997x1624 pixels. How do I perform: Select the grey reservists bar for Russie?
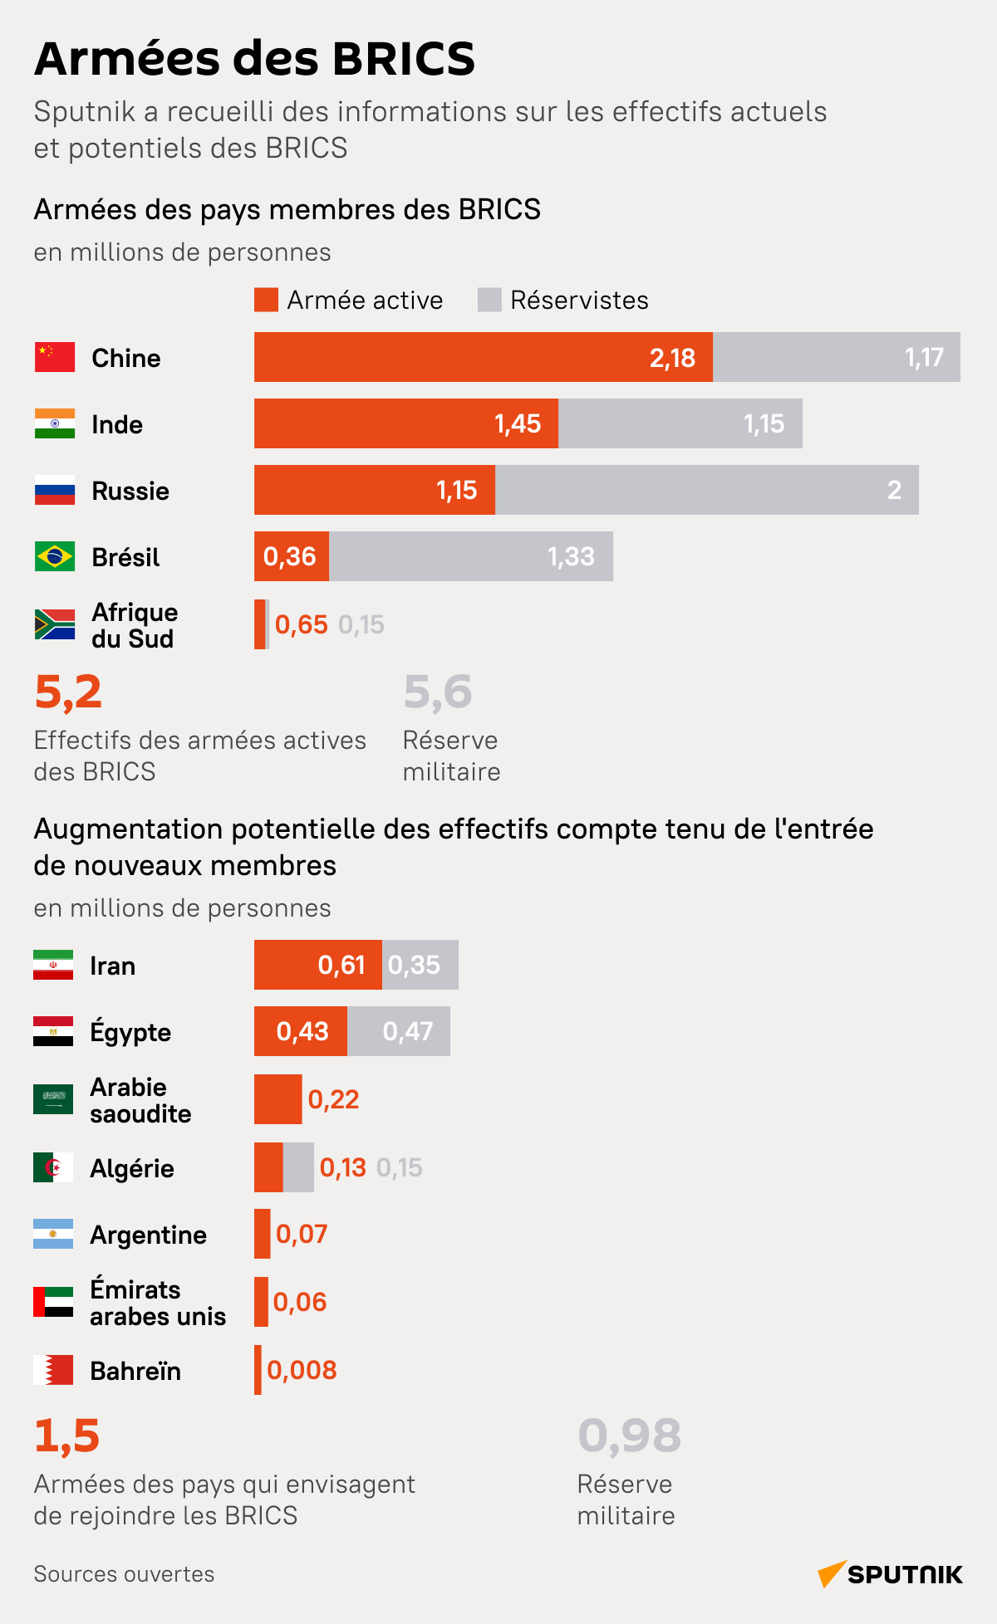click(x=706, y=490)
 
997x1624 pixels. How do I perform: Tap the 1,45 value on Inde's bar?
click(x=518, y=424)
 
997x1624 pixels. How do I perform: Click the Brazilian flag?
click(x=55, y=556)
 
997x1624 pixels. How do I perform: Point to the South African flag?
click(x=55, y=624)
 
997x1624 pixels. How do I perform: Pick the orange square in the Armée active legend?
click(x=266, y=300)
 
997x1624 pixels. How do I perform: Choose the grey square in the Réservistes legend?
click(x=489, y=300)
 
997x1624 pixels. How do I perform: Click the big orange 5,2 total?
click(x=68, y=692)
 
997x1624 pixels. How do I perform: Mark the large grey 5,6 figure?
click(x=438, y=692)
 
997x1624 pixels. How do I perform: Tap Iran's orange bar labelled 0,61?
click(x=318, y=965)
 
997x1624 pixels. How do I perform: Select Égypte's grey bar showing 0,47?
click(x=399, y=1031)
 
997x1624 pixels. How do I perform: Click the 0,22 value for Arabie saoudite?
click(x=333, y=1099)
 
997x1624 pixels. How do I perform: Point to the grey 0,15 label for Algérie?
click(x=400, y=1167)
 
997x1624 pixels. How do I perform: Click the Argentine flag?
click(x=53, y=1234)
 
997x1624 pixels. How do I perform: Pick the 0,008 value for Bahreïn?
click(x=302, y=1370)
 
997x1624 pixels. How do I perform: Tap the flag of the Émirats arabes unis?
click(x=53, y=1302)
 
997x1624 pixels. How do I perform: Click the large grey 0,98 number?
click(x=630, y=1436)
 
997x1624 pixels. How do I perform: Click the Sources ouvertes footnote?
click(x=124, y=1574)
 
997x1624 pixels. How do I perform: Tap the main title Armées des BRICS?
click(x=254, y=58)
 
